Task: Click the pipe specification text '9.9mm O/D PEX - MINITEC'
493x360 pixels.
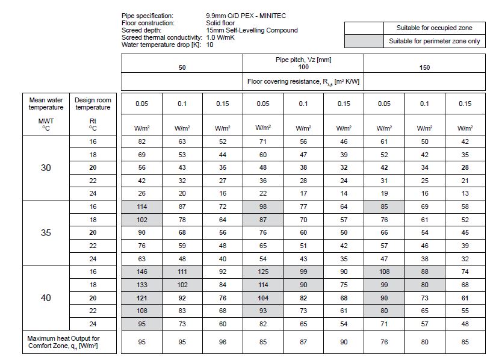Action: tap(247, 16)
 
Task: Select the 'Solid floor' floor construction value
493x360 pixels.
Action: tap(221, 23)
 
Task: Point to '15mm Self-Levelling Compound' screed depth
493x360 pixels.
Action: tap(251, 30)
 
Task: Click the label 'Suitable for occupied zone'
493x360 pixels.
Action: tap(434, 28)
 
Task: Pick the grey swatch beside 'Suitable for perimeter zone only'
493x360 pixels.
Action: tap(364, 41)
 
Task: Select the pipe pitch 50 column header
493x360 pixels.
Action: tap(182, 68)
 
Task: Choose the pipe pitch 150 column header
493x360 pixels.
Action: tap(424, 68)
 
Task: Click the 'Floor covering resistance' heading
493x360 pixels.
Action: tap(303, 81)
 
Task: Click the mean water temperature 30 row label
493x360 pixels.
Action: tap(46, 168)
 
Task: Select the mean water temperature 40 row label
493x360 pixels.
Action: tap(46, 297)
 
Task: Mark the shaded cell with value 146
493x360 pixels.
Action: tap(141, 272)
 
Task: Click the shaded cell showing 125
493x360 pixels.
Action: tap(262, 272)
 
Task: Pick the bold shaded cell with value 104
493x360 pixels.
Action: tap(262, 297)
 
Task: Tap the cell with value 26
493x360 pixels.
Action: tap(141, 193)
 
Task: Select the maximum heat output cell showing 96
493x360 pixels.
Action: tap(222, 342)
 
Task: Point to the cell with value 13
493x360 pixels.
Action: tap(465, 193)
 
